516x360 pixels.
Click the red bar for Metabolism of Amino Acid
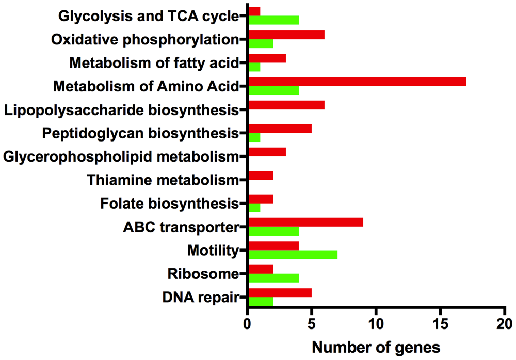coord(357,82)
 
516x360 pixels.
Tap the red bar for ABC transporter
coord(305,222)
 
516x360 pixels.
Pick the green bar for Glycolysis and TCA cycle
coord(273,20)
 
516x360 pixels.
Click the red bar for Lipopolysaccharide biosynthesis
coord(286,105)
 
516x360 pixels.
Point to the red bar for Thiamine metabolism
coord(261,176)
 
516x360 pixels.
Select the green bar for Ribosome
coord(273,278)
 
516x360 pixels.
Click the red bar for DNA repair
coord(280,292)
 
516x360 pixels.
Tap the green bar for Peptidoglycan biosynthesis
coord(254,138)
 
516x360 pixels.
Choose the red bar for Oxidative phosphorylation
coord(286,34)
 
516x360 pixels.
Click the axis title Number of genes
coord(376,347)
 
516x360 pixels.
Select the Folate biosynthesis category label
coord(169,203)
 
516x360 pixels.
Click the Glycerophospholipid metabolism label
coord(121,156)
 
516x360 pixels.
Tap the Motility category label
coord(213,251)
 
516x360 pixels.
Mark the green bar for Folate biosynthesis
coord(254,208)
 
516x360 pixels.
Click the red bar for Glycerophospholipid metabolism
coord(267,152)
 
